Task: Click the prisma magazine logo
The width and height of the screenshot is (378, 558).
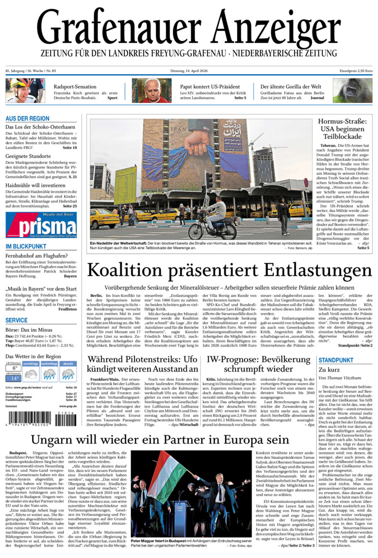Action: pyautogui.click(x=41, y=225)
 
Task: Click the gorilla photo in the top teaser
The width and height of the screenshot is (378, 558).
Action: pyautogui.click(x=352, y=90)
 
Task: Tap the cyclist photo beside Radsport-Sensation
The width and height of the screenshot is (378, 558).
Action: pyautogui.click(x=25, y=90)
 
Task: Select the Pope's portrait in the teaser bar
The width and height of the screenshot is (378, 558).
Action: pyautogui.click(x=151, y=90)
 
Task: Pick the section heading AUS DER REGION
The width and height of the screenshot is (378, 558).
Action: pyautogui.click(x=28, y=118)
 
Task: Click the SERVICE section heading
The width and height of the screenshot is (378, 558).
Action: pyautogui.click(x=16, y=320)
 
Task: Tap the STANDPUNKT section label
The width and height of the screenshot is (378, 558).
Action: pyautogui.click(x=336, y=361)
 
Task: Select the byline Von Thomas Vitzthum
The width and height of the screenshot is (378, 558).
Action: pyautogui.click(x=341, y=378)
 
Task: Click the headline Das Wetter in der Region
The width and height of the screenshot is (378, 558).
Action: pyautogui.click(x=34, y=357)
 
